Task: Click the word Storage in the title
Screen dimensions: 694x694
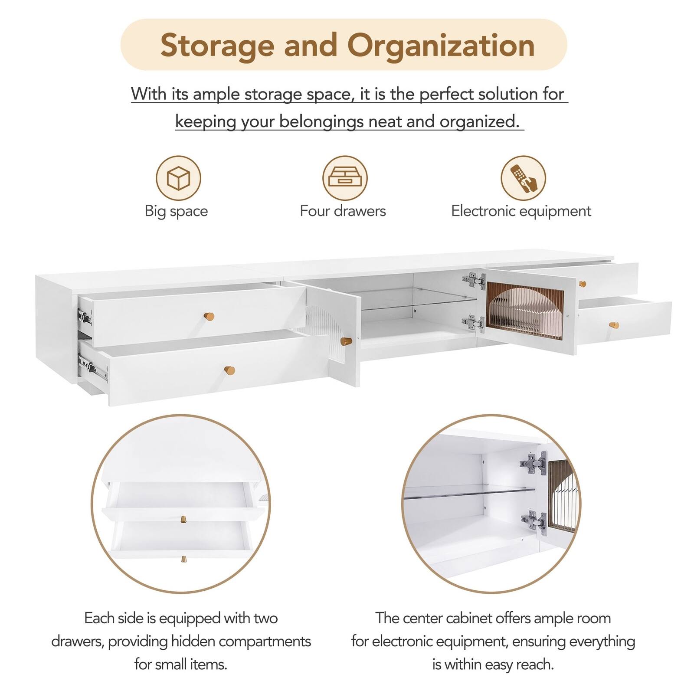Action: pos(218,46)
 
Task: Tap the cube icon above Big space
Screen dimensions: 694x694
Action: pos(178,178)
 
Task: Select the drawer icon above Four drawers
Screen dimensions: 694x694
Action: pos(345,178)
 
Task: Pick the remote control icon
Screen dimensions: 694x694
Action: pos(523,178)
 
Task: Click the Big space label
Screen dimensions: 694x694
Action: pos(176,211)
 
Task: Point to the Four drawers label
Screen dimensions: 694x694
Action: pos(343,211)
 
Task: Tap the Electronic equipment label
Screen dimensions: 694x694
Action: pos(521,211)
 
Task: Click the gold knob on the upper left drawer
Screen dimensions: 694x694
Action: pos(209,316)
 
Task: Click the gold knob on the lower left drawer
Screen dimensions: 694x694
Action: pos(229,370)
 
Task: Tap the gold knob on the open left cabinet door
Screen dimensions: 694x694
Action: pos(346,341)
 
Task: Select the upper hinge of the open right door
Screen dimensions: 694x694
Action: pos(474,281)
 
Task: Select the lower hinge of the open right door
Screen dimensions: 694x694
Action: pos(474,323)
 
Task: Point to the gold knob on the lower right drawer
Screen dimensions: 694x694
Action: pos(614,325)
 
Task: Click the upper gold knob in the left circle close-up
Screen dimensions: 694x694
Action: pos(183,519)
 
